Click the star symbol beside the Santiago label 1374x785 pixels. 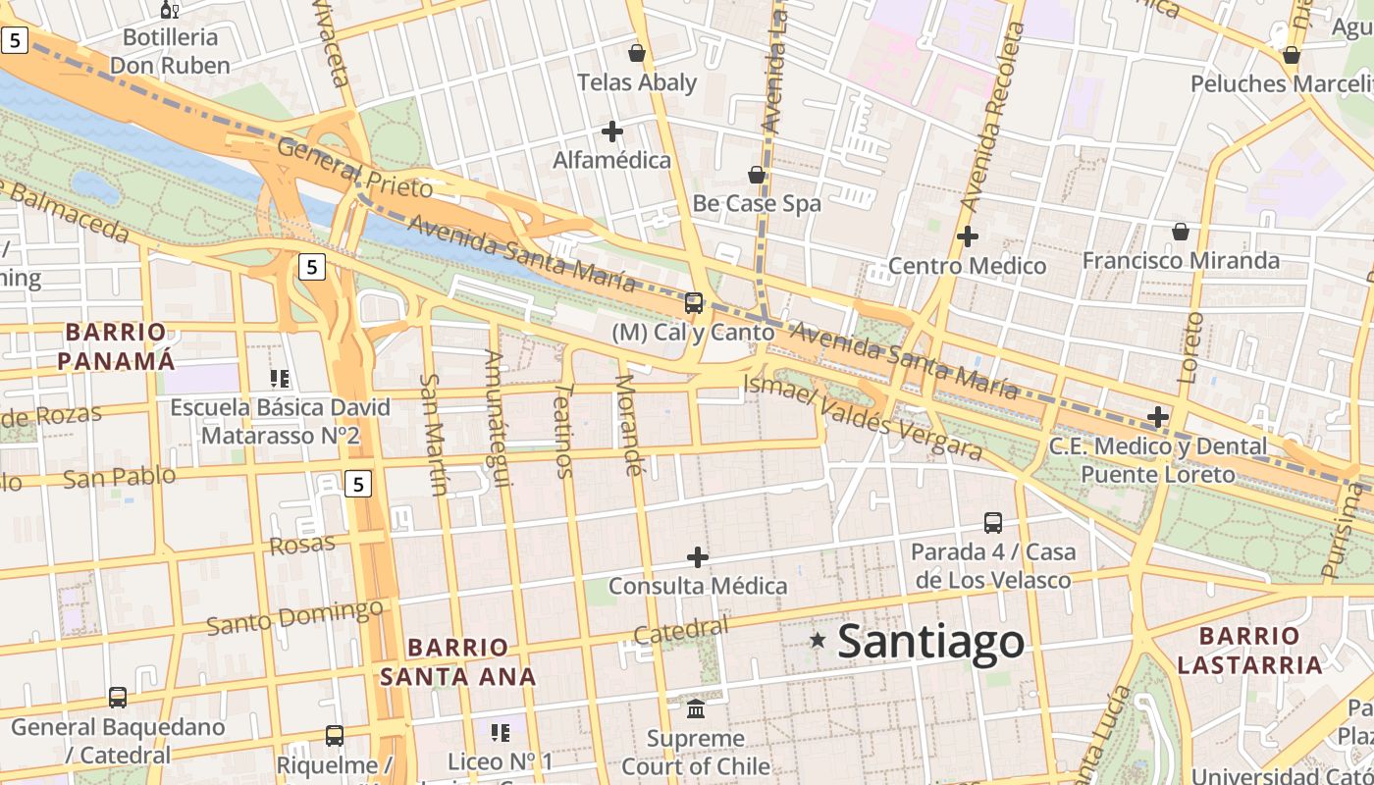[818, 641]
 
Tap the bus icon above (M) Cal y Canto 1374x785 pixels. [694, 303]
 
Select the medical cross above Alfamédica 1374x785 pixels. [612, 131]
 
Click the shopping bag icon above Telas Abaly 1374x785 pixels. [637, 53]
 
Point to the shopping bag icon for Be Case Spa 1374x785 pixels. [757, 175]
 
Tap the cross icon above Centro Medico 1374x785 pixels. [968, 236]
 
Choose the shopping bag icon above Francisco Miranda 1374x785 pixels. [1181, 232]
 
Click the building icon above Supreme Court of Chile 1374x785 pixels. [696, 708]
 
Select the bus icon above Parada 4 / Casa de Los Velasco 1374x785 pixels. [993, 523]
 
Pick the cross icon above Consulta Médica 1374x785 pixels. [698, 557]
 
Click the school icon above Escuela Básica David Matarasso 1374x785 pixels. [280, 378]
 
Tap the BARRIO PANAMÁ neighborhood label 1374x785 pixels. [116, 346]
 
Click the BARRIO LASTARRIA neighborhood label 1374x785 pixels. [1249, 651]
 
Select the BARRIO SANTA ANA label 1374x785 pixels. [458, 661]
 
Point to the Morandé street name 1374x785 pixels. [628, 425]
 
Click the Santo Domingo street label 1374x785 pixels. [294, 617]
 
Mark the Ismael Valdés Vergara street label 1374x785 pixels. [864, 418]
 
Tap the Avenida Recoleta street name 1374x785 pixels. [991, 118]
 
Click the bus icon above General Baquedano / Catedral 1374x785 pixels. [118, 698]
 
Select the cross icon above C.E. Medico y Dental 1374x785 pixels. [1158, 417]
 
